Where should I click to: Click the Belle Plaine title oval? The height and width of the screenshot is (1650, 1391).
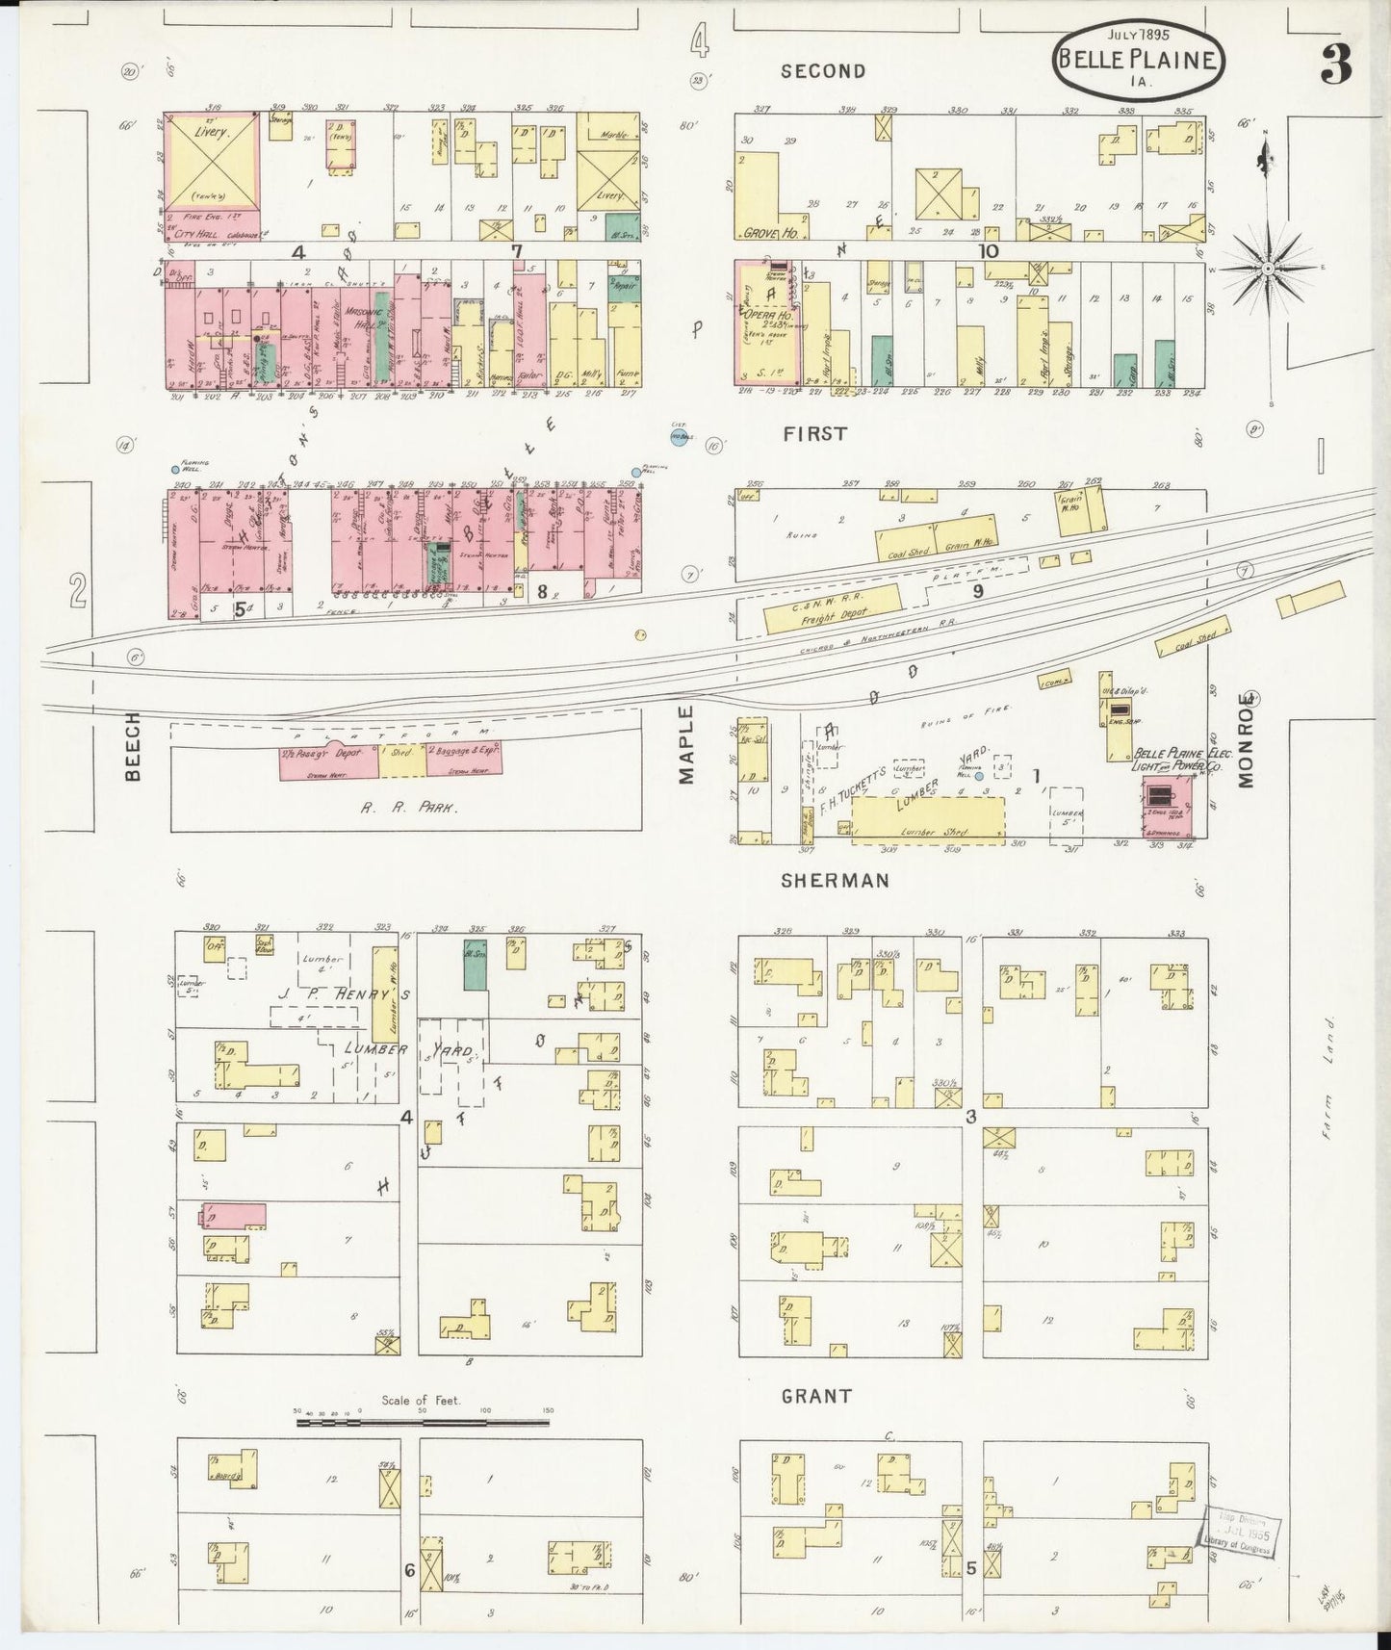(x=1142, y=60)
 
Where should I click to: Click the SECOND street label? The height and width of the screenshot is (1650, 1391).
(x=823, y=70)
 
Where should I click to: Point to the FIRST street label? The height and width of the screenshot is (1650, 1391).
(x=814, y=433)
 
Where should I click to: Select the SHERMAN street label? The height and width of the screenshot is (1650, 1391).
(x=835, y=880)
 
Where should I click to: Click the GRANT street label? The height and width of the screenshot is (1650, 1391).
(x=816, y=1395)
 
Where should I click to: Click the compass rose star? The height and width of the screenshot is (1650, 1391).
(x=1269, y=265)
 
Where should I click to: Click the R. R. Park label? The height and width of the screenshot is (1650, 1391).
(x=409, y=809)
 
